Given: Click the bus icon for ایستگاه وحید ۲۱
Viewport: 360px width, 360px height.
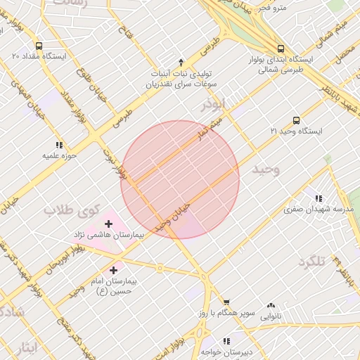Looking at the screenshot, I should pyautogui.click(x=296, y=120).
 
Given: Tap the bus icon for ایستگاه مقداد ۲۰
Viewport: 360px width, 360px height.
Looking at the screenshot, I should pyautogui.click(x=16, y=55).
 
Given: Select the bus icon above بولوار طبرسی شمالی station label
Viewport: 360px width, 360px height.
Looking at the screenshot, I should pyautogui.click(x=281, y=49).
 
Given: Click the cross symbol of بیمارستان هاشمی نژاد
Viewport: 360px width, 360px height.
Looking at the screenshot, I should pyautogui.click(x=108, y=224).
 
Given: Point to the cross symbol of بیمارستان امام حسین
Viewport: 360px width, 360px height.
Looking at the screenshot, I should pyautogui.click(x=114, y=269).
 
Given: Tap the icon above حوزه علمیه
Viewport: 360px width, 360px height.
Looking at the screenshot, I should pyautogui.click(x=58, y=144).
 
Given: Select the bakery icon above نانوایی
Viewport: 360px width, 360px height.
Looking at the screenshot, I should pyautogui.click(x=271, y=305).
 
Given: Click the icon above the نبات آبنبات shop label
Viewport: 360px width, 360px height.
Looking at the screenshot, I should pyautogui.click(x=181, y=62).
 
